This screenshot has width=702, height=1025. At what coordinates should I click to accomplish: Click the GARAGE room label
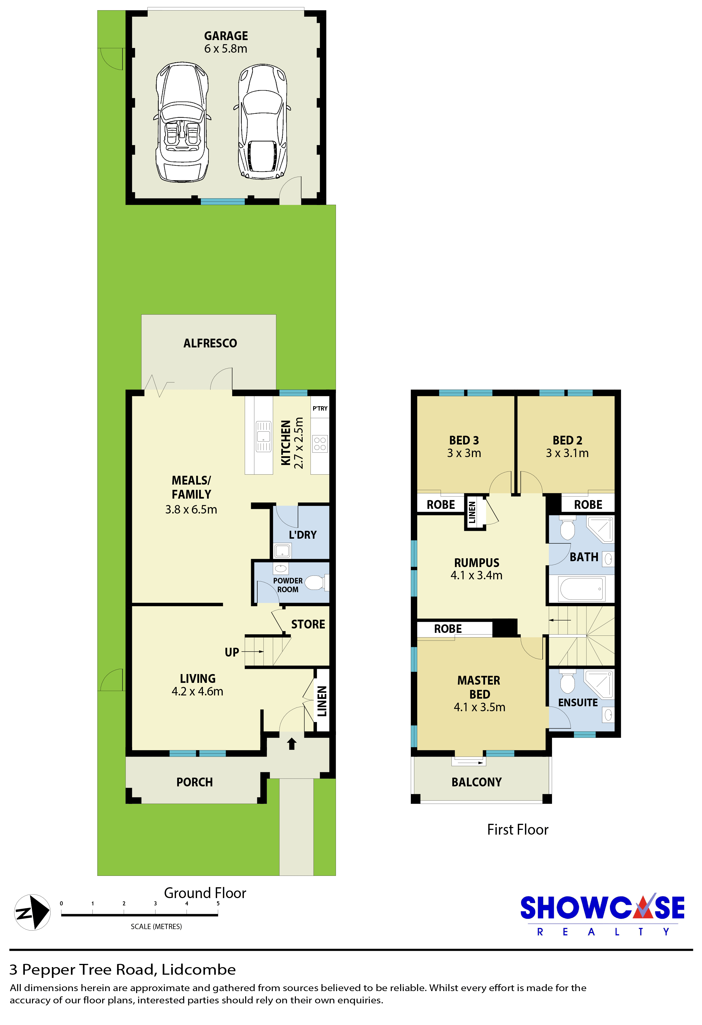click(226, 36)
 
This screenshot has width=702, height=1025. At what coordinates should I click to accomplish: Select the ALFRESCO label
click(210, 343)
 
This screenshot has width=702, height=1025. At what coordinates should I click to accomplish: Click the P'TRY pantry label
click(320, 409)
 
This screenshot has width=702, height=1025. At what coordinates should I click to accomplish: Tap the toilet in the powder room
click(316, 582)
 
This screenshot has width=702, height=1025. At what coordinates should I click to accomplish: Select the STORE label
click(308, 624)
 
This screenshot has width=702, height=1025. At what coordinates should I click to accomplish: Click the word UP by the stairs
click(232, 652)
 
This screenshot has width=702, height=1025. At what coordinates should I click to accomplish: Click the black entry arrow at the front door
click(292, 744)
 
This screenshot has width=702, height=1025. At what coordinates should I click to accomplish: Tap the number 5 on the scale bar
click(218, 903)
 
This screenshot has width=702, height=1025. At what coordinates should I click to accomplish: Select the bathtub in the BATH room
click(582, 589)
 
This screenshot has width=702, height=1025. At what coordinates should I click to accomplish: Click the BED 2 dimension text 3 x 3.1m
click(567, 453)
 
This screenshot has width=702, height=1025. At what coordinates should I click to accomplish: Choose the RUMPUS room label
click(477, 563)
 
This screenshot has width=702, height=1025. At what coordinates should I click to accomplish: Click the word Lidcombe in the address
click(199, 969)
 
